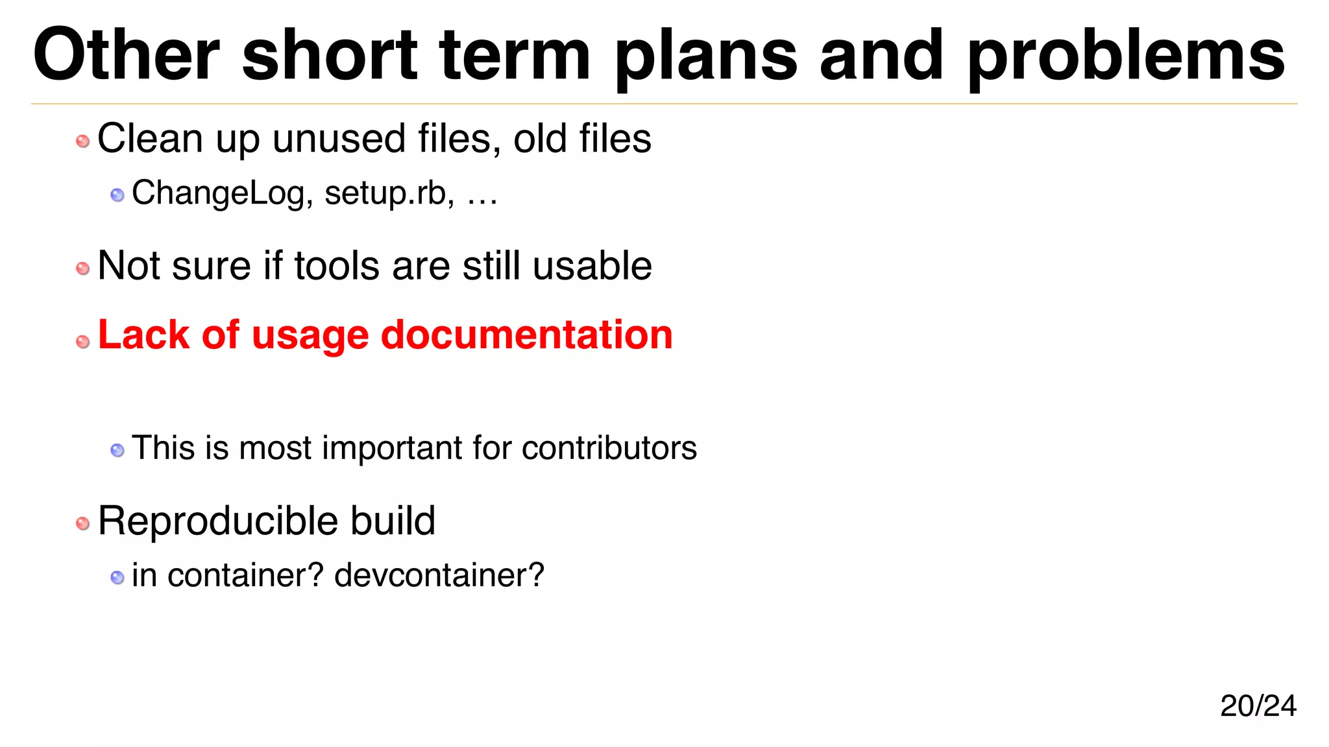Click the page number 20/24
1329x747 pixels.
(x=1258, y=705)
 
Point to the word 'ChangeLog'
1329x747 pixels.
(x=218, y=193)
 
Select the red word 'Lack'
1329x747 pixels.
(x=143, y=335)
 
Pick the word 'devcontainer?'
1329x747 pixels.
(x=439, y=575)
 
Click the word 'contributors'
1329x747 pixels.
(x=609, y=448)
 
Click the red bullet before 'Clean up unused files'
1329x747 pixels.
(x=83, y=141)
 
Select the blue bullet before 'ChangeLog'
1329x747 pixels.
(x=117, y=195)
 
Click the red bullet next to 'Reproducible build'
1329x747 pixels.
(x=83, y=523)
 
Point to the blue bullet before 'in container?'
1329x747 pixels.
(x=117, y=577)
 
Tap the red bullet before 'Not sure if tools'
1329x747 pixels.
(x=83, y=268)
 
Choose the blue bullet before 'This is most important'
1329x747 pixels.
(x=117, y=450)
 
